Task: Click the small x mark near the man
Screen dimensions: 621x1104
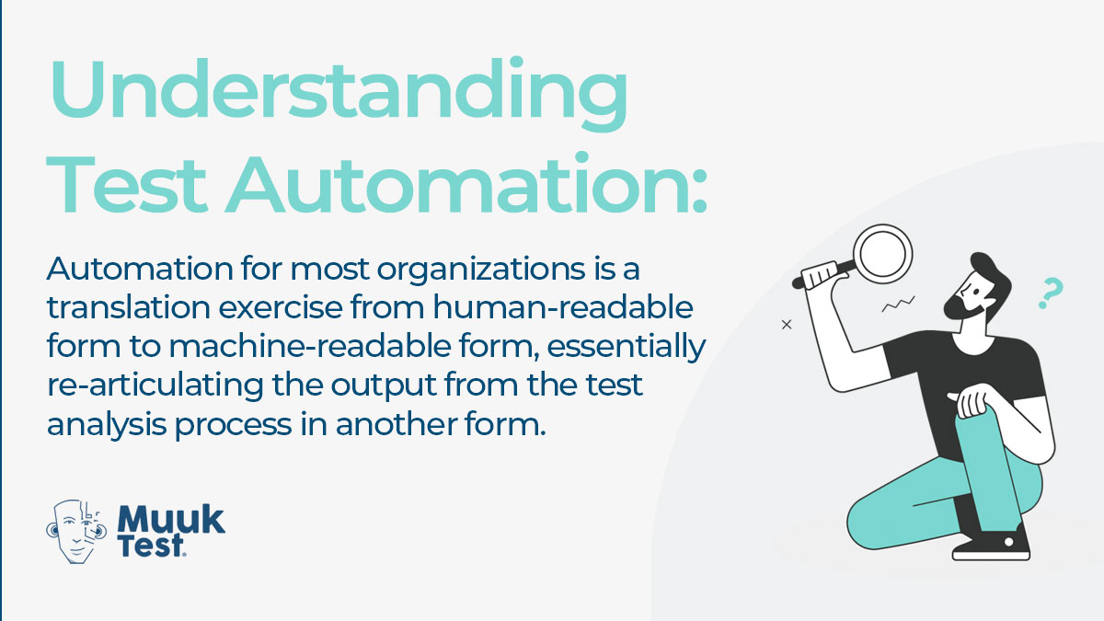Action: (787, 325)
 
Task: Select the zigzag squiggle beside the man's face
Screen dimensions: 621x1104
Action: (898, 305)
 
